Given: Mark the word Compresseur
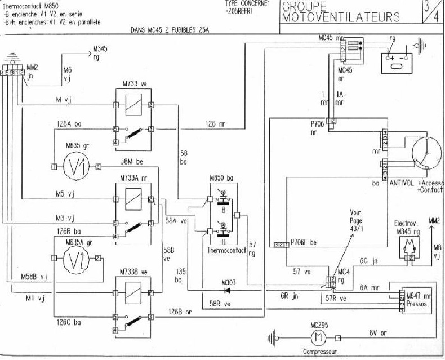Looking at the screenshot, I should coord(320,354).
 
